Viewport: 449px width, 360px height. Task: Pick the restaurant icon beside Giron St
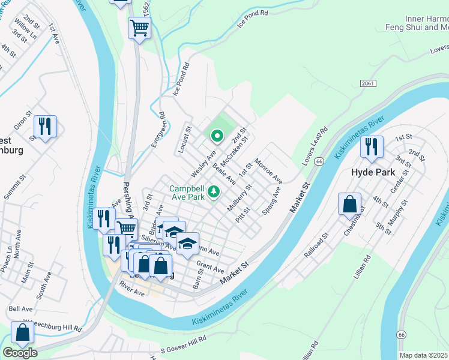45,126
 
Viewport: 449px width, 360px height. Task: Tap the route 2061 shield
369,84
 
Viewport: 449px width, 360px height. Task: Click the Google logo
20,353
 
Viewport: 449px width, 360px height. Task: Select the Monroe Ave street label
268,171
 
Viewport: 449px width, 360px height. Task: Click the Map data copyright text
424,355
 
